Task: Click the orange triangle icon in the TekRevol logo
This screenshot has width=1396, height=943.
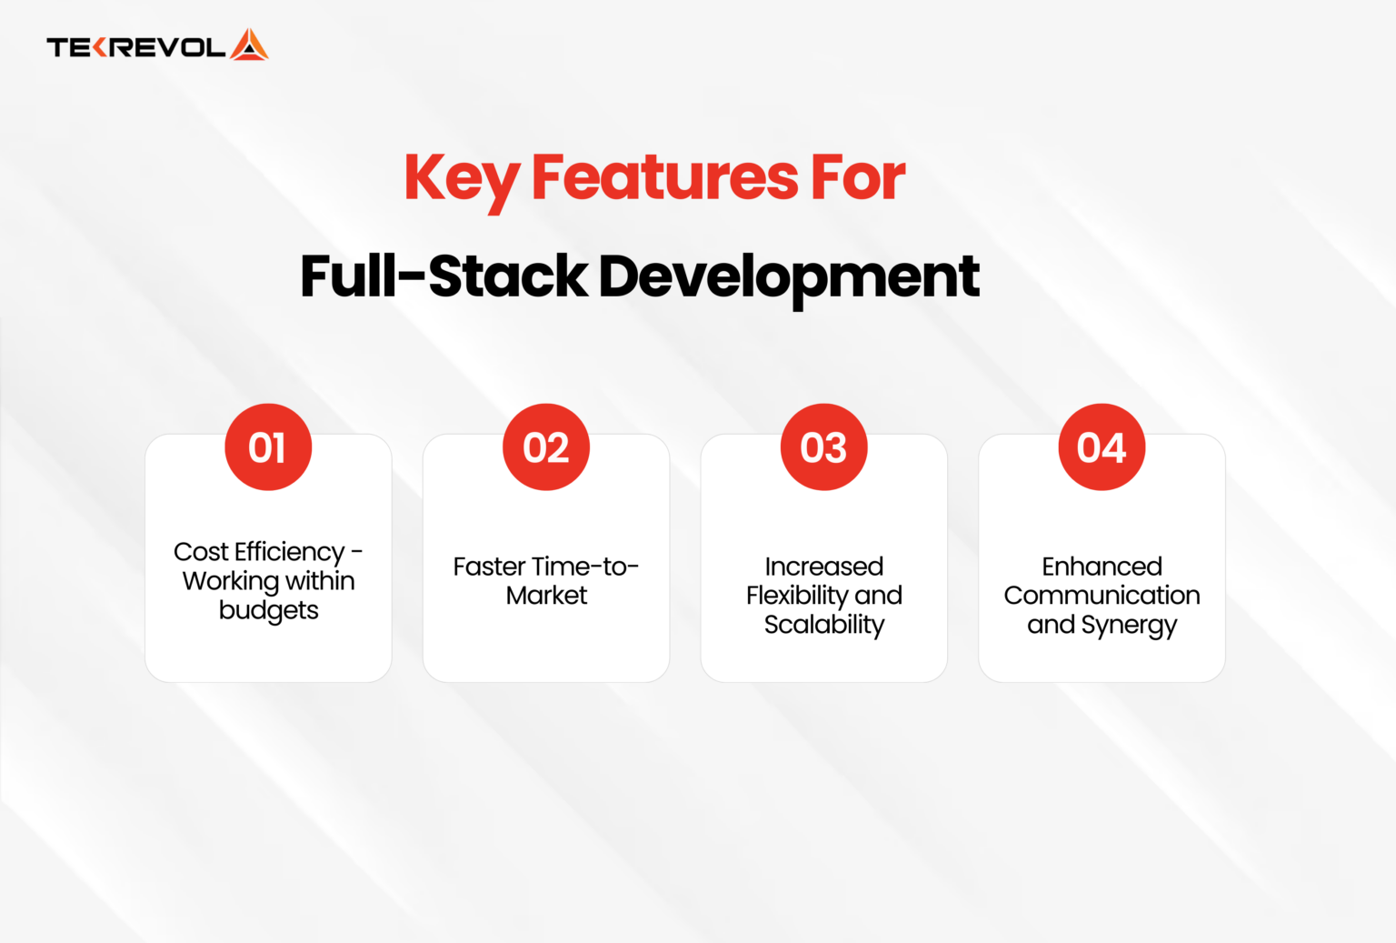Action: pyautogui.click(x=249, y=45)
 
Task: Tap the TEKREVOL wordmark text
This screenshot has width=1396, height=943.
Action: pyautogui.click(x=135, y=47)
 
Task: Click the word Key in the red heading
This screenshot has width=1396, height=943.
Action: pyautogui.click(x=461, y=178)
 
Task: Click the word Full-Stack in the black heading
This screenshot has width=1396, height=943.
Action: pyautogui.click(x=444, y=276)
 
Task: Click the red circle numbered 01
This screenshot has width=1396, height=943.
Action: pyautogui.click(x=268, y=447)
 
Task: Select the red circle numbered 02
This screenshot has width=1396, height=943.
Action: pyautogui.click(x=546, y=447)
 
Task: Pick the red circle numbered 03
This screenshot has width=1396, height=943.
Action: pyautogui.click(x=824, y=447)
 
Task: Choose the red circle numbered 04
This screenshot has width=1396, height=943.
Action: pyautogui.click(x=1102, y=447)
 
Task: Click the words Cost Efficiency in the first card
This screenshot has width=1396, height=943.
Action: pyautogui.click(x=259, y=552)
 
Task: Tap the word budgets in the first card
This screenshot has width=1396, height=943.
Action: pyautogui.click(x=268, y=610)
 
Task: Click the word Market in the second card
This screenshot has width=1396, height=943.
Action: pyautogui.click(x=546, y=596)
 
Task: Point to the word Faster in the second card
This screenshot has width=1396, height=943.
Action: pyautogui.click(x=489, y=567)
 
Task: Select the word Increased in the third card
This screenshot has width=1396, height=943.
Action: pyautogui.click(x=824, y=567)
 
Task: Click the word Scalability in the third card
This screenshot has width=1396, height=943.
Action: pyautogui.click(x=824, y=625)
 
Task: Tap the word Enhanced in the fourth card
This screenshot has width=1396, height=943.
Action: pyautogui.click(x=1102, y=567)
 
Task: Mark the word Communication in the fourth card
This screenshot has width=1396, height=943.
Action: pyautogui.click(x=1102, y=596)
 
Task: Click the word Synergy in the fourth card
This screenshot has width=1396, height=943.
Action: pyautogui.click(x=1129, y=626)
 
